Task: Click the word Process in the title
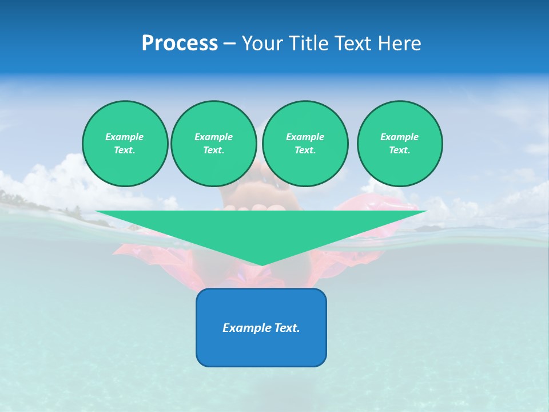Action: [180, 43]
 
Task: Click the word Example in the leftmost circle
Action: [125, 137]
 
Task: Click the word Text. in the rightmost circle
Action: [400, 150]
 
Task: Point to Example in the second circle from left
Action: [213, 137]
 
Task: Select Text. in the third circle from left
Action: [305, 150]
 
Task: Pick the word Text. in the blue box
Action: [287, 328]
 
